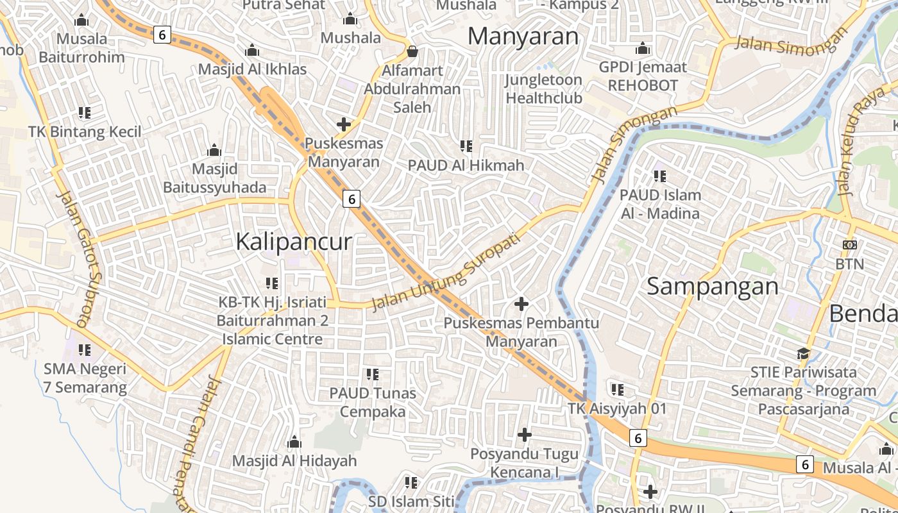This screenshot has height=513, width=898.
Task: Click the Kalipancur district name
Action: point(294,242)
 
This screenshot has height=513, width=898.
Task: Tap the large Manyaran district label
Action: point(523,36)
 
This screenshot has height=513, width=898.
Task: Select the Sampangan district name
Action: point(713,286)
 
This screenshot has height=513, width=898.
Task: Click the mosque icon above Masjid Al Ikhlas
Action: point(252,50)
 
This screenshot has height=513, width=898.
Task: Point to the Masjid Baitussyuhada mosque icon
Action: point(214,151)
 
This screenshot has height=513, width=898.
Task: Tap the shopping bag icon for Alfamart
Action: point(412,51)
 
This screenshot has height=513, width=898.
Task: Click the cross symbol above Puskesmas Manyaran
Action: point(344,124)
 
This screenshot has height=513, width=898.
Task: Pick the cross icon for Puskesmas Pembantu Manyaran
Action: point(521,303)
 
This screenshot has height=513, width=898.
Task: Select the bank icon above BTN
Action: point(850,245)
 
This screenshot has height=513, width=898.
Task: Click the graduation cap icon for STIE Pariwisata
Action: point(803,353)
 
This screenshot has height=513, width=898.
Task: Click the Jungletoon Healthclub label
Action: point(543,89)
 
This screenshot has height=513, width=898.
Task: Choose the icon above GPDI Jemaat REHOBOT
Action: point(642,48)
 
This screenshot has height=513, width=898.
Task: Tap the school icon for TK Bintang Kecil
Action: point(84,113)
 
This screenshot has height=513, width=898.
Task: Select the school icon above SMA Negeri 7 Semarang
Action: point(84,350)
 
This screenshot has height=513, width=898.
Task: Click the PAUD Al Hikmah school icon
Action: point(466,146)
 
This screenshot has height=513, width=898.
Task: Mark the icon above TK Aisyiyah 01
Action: point(618,389)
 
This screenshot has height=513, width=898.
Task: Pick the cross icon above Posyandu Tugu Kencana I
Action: point(525,435)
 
